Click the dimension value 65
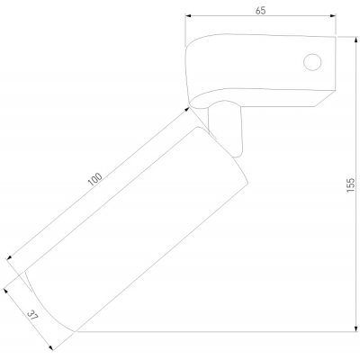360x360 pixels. [x=260, y=11]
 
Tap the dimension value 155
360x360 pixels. [x=350, y=185]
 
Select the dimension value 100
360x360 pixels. [x=94, y=179]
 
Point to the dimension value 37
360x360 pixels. [x=32, y=315]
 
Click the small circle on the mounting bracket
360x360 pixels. [x=312, y=62]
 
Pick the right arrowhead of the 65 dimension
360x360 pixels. [x=332, y=16]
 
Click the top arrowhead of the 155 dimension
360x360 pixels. [x=355, y=40]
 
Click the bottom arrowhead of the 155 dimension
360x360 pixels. [x=355, y=328]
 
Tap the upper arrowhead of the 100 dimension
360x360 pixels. [x=187, y=110]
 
